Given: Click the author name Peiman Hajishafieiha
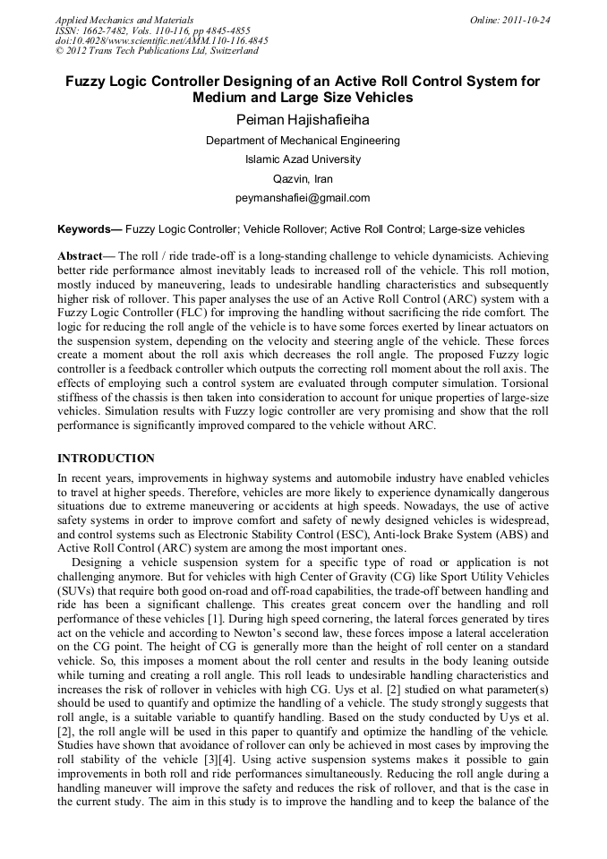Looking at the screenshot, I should click(303, 120).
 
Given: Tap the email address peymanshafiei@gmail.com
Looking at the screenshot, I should click(303, 198).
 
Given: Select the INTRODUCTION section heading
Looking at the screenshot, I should click(106, 459).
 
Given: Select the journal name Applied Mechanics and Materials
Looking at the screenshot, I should click(124, 20).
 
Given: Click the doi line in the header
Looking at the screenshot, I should click(161, 41).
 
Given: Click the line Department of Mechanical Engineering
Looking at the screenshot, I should click(303, 141).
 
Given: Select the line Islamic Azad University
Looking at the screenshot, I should click(303, 159).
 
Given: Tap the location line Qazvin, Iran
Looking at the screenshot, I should click(303, 179).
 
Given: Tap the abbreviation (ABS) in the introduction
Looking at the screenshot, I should click(505, 534).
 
